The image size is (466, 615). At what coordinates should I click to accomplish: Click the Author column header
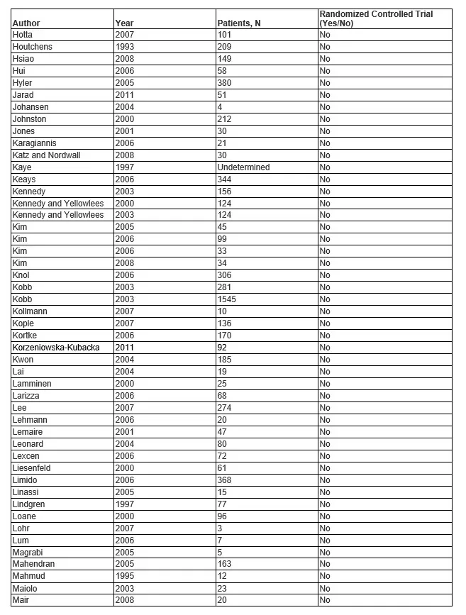(26, 23)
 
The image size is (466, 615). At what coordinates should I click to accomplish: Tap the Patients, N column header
(238, 23)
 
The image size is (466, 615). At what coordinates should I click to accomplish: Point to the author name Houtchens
(32, 47)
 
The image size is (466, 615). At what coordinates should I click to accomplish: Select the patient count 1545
(226, 299)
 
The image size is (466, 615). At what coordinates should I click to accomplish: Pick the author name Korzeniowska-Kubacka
(56, 348)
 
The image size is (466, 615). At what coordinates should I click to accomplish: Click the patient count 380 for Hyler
(224, 83)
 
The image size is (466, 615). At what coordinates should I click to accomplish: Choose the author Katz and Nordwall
(43, 155)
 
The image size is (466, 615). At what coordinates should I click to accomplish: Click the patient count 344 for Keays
(224, 179)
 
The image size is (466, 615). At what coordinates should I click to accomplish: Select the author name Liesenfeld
(31, 468)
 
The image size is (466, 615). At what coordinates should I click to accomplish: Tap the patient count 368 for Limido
(224, 480)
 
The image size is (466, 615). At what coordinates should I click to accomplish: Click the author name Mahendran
(33, 564)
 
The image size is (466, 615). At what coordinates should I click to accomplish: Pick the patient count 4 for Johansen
(220, 107)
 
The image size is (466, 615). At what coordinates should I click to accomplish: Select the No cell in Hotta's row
(325, 35)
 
